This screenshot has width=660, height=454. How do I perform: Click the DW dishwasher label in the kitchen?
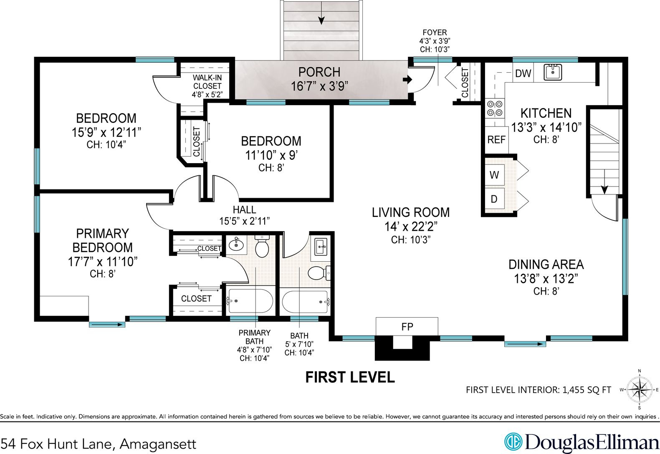click(x=523, y=73)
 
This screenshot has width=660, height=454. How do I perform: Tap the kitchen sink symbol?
click(x=552, y=72)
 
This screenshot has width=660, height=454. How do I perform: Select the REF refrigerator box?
click(x=496, y=139)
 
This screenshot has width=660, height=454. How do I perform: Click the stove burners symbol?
click(x=495, y=108)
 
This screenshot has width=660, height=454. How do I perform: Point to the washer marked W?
click(x=494, y=175)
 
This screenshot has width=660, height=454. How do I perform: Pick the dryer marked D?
click(x=494, y=199)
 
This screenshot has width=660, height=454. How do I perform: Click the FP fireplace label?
click(x=407, y=326)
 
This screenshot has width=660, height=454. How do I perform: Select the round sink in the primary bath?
click(x=236, y=245)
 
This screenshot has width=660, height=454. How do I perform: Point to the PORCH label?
click(x=319, y=72)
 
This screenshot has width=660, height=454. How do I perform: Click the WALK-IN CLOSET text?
click(x=207, y=82)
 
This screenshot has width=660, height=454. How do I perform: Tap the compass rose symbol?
click(x=639, y=390)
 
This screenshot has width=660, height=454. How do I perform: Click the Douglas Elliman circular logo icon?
click(x=513, y=441)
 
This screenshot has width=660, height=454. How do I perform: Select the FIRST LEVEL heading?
click(x=350, y=377)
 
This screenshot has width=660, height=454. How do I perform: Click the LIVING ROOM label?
click(x=411, y=212)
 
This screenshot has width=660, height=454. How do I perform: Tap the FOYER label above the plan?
click(x=435, y=33)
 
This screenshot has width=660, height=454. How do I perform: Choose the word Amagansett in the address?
click(x=158, y=444)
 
